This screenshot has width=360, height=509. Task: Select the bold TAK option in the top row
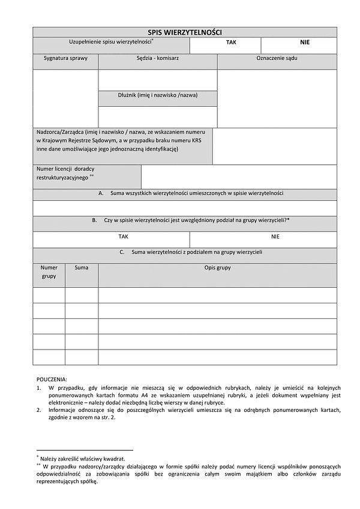(x=231, y=43)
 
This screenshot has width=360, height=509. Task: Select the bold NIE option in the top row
(x=305, y=43)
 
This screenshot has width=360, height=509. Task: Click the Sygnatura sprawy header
(x=65, y=59)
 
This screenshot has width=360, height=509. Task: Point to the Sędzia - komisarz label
(x=158, y=59)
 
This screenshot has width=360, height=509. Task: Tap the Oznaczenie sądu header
(x=277, y=59)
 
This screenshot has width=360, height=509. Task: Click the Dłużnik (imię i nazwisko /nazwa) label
(x=158, y=95)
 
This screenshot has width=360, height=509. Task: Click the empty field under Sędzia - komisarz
(x=158, y=80)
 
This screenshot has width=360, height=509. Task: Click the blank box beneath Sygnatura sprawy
(x=65, y=98)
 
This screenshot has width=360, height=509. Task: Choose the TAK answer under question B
(x=124, y=237)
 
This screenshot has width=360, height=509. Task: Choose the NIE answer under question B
(x=275, y=237)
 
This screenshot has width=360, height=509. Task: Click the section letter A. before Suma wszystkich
(x=101, y=193)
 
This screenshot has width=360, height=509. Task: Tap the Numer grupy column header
(x=49, y=272)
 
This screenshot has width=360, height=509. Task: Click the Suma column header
(x=82, y=267)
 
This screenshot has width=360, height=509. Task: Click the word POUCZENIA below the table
(x=52, y=379)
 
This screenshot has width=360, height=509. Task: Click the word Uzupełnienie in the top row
(x=87, y=41)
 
